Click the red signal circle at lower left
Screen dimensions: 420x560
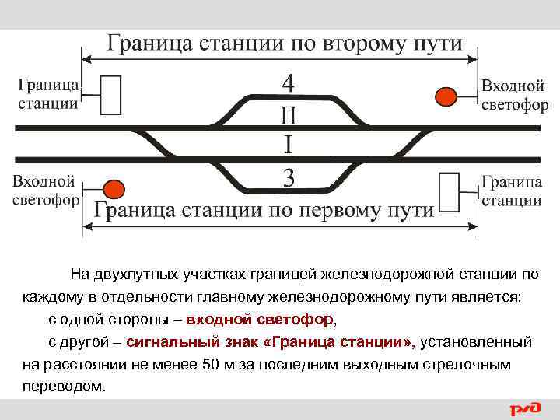tap(114, 188)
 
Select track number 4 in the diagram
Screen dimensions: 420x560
tap(289, 82)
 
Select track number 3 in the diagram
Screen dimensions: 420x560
tap(289, 180)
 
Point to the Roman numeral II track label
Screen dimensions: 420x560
tap(289, 116)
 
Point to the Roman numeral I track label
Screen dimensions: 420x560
tap(289, 145)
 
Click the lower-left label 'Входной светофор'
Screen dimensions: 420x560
tap(44, 191)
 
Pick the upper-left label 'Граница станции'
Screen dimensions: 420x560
tap(47, 93)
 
